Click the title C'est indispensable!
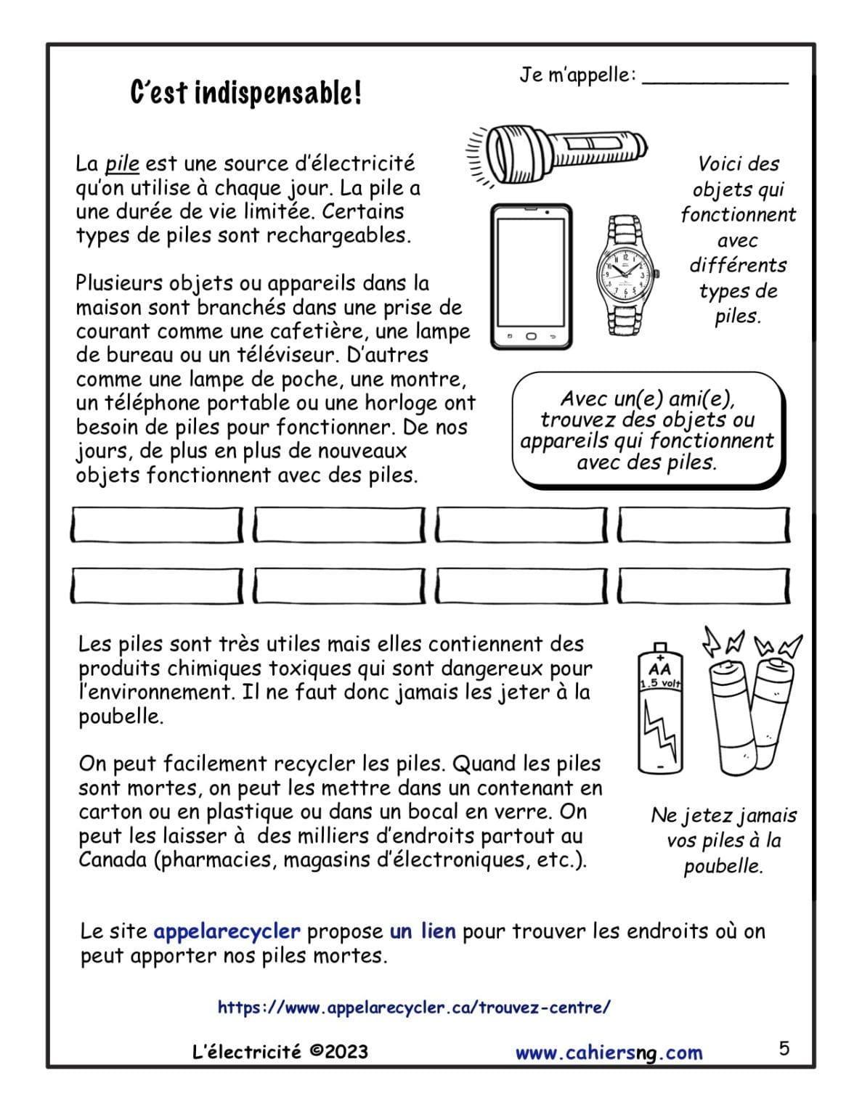pyautogui.click(x=245, y=93)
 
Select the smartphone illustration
pyautogui.click(x=531, y=277)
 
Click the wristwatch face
pyautogui.click(x=622, y=274)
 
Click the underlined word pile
pyautogui.click(x=122, y=164)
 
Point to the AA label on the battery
pyautogui.click(x=659, y=669)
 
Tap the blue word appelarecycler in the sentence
pyautogui.click(x=227, y=931)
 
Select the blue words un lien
pyautogui.click(x=423, y=931)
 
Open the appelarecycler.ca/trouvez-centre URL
pyautogui.click(x=414, y=1008)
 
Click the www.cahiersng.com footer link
pyautogui.click(x=609, y=1053)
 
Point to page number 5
pyautogui.click(x=784, y=1049)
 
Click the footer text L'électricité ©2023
pyautogui.click(x=280, y=1052)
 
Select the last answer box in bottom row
pyautogui.click(x=704, y=586)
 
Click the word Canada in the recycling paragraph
pyautogui.click(x=113, y=860)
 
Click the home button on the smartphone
pyautogui.click(x=531, y=337)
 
